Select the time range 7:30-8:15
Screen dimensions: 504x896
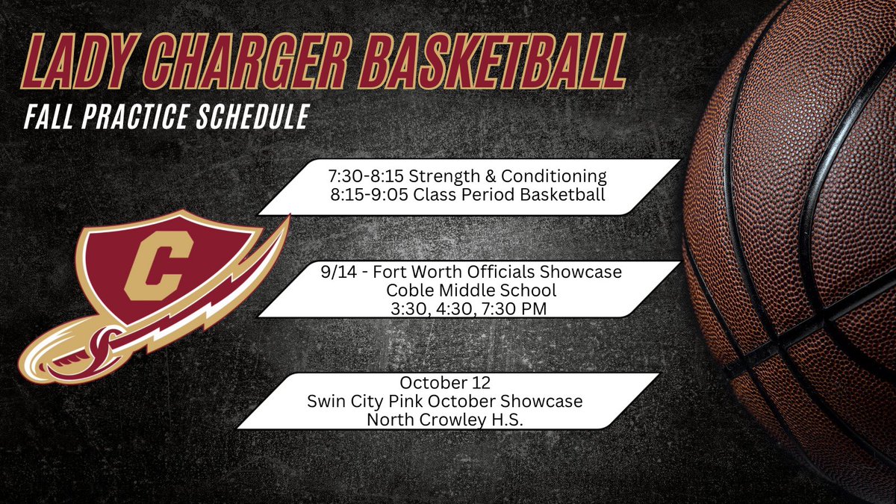click(357, 178)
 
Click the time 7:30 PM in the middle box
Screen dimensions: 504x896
click(526, 308)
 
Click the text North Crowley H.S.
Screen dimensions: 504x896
click(444, 419)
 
